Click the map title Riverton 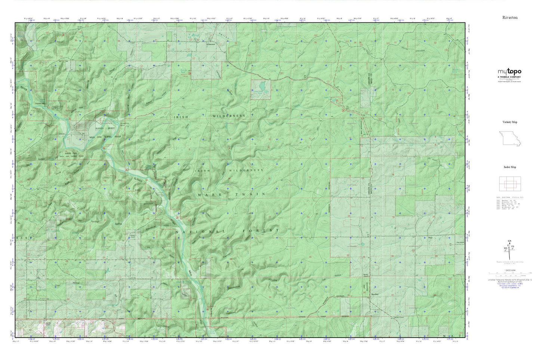click(x=509, y=18)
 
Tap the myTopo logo click(x=509, y=72)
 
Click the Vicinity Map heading click(x=510, y=122)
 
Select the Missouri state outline click(x=509, y=139)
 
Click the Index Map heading click(x=510, y=167)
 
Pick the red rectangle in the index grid click(x=510, y=184)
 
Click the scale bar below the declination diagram click(x=509, y=274)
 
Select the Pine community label click(x=424, y=237)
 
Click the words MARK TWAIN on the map click(x=232, y=195)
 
